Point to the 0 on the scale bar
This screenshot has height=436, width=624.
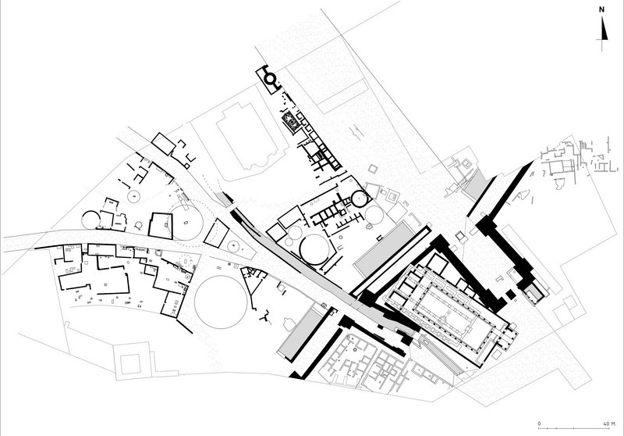[x=539, y=423]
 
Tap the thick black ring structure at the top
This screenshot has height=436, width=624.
[x=270, y=79]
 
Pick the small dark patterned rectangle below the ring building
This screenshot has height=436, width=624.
[x=289, y=122]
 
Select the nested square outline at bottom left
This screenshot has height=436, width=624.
[x=130, y=364]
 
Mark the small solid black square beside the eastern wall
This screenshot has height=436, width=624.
[x=511, y=295]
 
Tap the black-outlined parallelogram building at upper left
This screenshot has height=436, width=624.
[x=163, y=143]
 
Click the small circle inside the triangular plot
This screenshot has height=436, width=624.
[x=233, y=246]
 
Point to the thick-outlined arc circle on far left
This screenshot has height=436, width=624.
[x=90, y=220]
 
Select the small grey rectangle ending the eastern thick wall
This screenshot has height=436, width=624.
[x=534, y=293]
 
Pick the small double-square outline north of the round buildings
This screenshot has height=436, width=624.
[x=373, y=169]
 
